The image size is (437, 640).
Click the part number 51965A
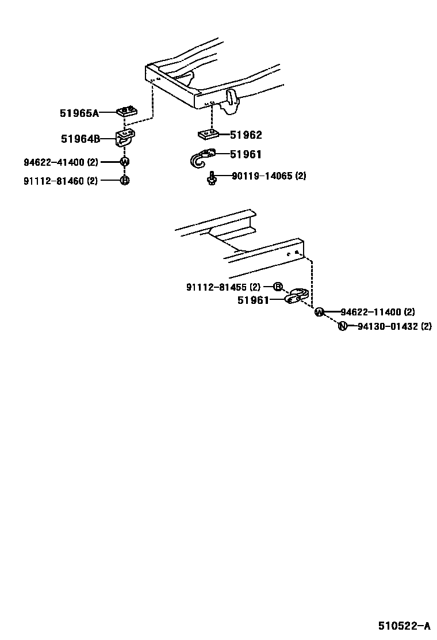tap(79, 113)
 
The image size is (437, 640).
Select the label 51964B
tap(80, 139)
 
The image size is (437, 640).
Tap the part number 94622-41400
tap(55, 162)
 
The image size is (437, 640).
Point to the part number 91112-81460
tap(55, 181)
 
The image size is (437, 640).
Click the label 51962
tap(246, 135)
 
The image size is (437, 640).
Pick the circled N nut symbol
tap(342, 326)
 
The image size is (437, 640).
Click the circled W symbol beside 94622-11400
tap(319, 313)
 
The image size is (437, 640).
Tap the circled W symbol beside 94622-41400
tap(124, 162)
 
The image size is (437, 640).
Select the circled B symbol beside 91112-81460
tap(124, 181)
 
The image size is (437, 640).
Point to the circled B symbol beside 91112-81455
tap(277, 287)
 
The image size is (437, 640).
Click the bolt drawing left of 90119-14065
tap(212, 178)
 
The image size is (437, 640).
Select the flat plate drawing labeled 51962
tap(208, 135)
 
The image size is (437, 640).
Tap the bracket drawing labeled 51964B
tap(126, 139)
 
